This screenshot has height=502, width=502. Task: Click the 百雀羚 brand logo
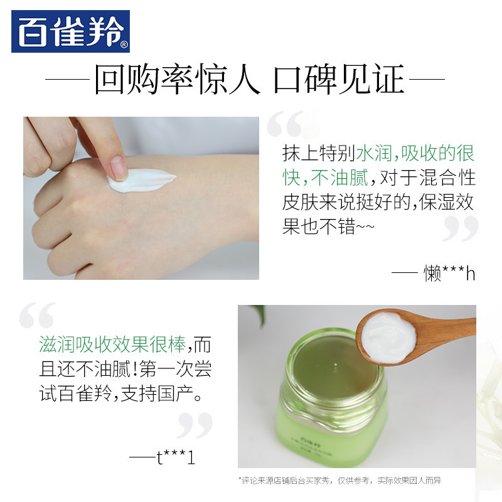point(70,31)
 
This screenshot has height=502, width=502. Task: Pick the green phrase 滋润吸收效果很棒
point(112,345)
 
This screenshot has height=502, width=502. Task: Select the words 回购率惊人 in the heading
point(177,80)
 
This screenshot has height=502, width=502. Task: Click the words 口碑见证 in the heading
point(339,80)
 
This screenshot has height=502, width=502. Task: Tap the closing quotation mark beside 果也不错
point(460,228)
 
